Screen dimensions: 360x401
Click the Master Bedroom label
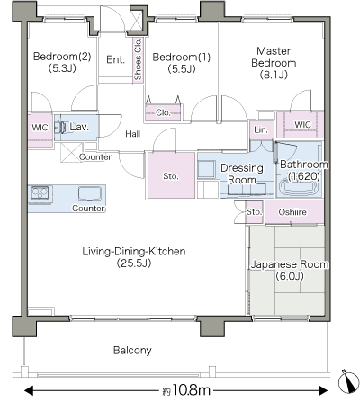pyautogui.click(x=274, y=63)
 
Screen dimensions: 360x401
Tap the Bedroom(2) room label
pyautogui.click(x=62, y=62)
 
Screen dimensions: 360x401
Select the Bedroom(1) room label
pyautogui.click(x=182, y=63)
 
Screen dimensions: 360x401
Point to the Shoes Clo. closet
pyautogui.click(x=138, y=59)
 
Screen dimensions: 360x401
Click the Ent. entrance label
pyautogui.click(x=115, y=59)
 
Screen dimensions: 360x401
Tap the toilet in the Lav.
pyautogui.click(x=60, y=128)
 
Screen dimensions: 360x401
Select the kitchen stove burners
pyautogui.click(x=40, y=192)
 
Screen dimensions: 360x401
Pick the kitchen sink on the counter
pyautogui.click(x=90, y=193)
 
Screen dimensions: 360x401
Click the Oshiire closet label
pyautogui.click(x=292, y=212)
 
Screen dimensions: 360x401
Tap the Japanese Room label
pyautogui.click(x=290, y=270)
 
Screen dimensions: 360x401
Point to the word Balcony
pyautogui.click(x=132, y=350)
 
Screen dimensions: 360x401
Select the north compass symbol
pyautogui.click(x=348, y=381)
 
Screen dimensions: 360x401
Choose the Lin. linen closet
pyautogui.click(x=261, y=130)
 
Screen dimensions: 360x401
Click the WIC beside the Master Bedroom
pyautogui.click(x=300, y=125)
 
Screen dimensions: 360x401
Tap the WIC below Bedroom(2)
pyautogui.click(x=40, y=130)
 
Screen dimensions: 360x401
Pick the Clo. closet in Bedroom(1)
pyautogui.click(x=163, y=112)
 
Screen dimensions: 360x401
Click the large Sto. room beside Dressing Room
pyautogui.click(x=171, y=175)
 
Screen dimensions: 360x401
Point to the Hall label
pyautogui.click(x=133, y=134)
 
